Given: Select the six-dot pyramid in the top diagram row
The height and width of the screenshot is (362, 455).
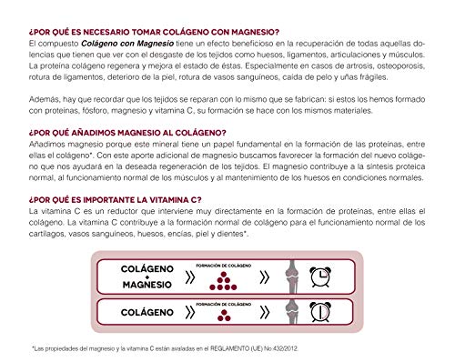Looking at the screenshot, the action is (x=218, y=276).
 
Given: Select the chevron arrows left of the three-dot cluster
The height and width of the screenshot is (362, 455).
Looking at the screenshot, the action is (x=190, y=312).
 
